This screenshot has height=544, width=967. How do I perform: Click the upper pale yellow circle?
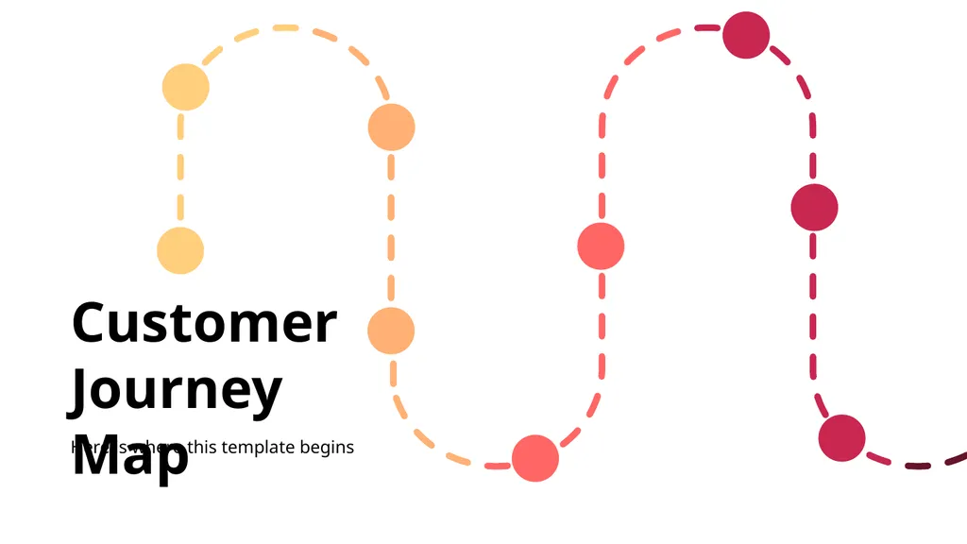click(x=185, y=87)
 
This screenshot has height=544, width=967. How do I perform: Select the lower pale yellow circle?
click(x=180, y=250)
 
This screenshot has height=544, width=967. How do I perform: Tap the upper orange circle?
click(x=391, y=127)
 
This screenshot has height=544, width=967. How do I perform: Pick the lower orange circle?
click(x=391, y=331)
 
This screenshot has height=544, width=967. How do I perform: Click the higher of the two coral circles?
click(x=601, y=246)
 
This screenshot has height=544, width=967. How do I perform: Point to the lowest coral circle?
click(x=535, y=458)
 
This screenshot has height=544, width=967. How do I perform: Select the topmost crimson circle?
click(x=746, y=35)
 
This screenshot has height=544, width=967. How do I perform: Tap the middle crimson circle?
click(x=814, y=207)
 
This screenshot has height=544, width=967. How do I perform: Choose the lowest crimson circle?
click(x=841, y=438)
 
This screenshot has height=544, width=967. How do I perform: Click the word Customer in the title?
click(x=204, y=323)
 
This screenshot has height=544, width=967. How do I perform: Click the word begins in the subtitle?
click(x=327, y=448)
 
